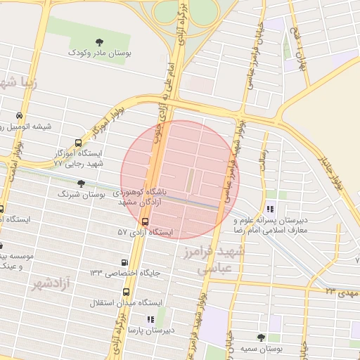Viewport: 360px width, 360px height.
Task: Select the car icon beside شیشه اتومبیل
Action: (x=18, y=117)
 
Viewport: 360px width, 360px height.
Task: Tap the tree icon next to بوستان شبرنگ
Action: (x=82, y=184)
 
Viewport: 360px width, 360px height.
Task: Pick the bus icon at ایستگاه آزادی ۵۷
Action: (x=145, y=221)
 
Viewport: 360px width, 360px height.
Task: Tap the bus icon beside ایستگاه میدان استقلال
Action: (x=126, y=291)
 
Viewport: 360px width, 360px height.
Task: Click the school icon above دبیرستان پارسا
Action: (x=150, y=319)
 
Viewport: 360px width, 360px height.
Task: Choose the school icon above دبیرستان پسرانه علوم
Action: (x=271, y=208)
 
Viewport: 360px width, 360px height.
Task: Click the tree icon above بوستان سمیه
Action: (x=262, y=338)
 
